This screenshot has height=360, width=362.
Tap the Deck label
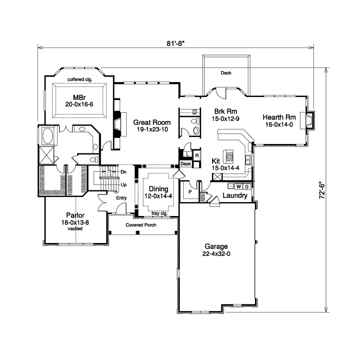226,73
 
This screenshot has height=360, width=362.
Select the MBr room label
79,97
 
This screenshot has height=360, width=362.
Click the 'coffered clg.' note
79,79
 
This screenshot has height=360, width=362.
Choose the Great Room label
152,122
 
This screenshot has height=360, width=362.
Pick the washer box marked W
239,187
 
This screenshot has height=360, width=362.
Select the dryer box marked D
247,187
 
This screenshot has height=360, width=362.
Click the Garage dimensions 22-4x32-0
216,254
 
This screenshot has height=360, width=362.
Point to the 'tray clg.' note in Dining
160,213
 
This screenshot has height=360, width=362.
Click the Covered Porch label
141,225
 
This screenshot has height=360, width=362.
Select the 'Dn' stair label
123,171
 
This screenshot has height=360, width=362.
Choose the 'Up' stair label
123,184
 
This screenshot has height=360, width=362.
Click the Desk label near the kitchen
186,164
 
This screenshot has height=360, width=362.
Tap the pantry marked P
191,192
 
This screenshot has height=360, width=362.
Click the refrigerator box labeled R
197,155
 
